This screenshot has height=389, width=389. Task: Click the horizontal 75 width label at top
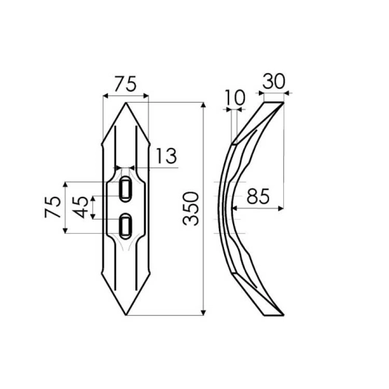point(126,84)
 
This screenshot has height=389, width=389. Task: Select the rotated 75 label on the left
point(53,207)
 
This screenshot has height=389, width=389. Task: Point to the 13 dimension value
point(166,155)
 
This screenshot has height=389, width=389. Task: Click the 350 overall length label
point(190,209)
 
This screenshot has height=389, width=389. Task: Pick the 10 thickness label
point(236,97)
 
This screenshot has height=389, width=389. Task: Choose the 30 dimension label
point(273,82)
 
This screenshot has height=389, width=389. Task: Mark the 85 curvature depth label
point(258,197)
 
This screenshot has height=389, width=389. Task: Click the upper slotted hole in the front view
point(126,187)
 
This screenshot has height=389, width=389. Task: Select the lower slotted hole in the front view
point(126,223)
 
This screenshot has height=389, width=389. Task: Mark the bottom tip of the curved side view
point(282,314)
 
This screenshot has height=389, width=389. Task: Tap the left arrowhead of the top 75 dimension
point(105,95)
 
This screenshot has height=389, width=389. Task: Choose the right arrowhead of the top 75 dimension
point(147,95)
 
